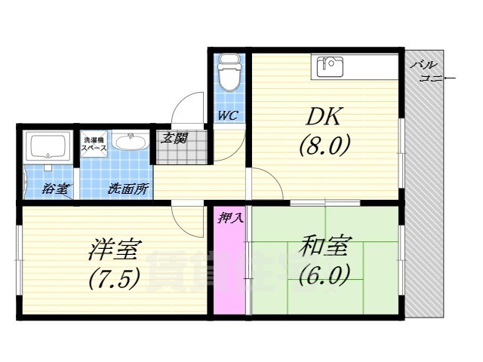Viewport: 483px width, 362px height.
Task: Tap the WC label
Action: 228,115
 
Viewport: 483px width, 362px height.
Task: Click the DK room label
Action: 324,117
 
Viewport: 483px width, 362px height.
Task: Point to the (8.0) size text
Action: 324,145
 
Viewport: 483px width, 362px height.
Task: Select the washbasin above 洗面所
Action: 133,143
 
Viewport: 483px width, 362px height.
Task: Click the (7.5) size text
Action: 114,279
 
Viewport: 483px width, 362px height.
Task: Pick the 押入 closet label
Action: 230,219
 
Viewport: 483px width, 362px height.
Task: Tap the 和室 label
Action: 325,247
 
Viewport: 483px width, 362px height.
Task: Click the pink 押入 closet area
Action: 230,271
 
